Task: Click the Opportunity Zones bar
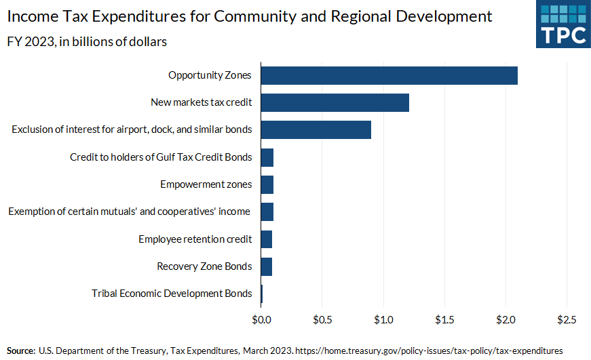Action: [x=389, y=75]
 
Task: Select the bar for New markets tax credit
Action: [x=335, y=102]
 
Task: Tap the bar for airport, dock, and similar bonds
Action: [x=316, y=129]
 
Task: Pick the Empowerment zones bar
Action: [x=267, y=184]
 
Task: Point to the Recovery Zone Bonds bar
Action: [x=266, y=266]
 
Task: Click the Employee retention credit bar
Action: [x=266, y=239]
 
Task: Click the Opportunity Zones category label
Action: [x=210, y=75]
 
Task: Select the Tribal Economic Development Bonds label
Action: [x=172, y=294]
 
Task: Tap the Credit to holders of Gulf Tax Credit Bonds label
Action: [x=161, y=157]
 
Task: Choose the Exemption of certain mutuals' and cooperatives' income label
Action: [x=129, y=212]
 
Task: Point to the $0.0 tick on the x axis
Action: [x=261, y=319]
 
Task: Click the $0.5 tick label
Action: [x=322, y=319]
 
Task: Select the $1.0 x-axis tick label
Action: [x=383, y=319]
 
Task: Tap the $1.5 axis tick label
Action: [x=444, y=319]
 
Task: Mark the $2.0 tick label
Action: [x=506, y=319]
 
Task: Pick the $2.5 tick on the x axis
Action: [x=567, y=319]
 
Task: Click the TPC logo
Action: [x=563, y=24]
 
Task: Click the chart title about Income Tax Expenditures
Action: [x=250, y=16]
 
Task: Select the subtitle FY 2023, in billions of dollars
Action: [x=88, y=41]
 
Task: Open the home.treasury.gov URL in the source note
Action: [x=429, y=351]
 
